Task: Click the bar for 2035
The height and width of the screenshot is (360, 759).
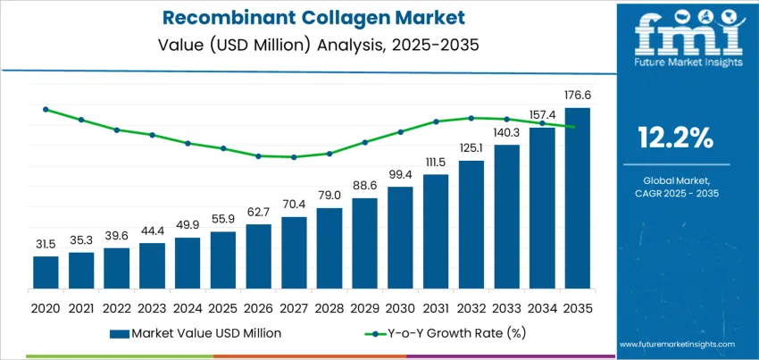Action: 578,200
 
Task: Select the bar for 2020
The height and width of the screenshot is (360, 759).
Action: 46,274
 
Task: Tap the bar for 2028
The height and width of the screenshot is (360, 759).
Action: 329,250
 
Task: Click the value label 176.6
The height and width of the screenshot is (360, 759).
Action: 578,95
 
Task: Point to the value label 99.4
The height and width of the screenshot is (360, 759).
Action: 400,174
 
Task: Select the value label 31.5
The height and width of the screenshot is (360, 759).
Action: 46,244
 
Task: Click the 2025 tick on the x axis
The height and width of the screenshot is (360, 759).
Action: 223,306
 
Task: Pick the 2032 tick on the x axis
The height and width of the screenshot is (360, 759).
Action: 471,306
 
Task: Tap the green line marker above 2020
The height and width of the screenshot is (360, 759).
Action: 46,109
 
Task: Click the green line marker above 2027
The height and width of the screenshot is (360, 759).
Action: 294,157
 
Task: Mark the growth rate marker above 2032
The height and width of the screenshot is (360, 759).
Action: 471,117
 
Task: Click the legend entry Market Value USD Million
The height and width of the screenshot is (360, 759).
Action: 196,333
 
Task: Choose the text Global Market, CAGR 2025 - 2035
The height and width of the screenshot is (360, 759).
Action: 675,187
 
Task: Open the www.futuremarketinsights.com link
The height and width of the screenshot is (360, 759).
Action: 675,344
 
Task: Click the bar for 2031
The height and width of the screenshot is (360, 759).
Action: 436,233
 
